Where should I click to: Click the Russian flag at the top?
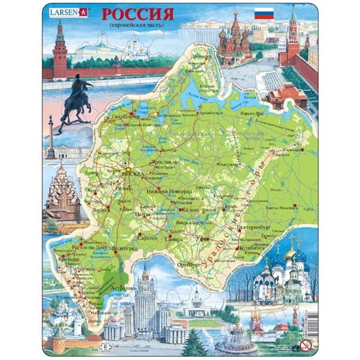265,14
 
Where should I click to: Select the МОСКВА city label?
134,175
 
